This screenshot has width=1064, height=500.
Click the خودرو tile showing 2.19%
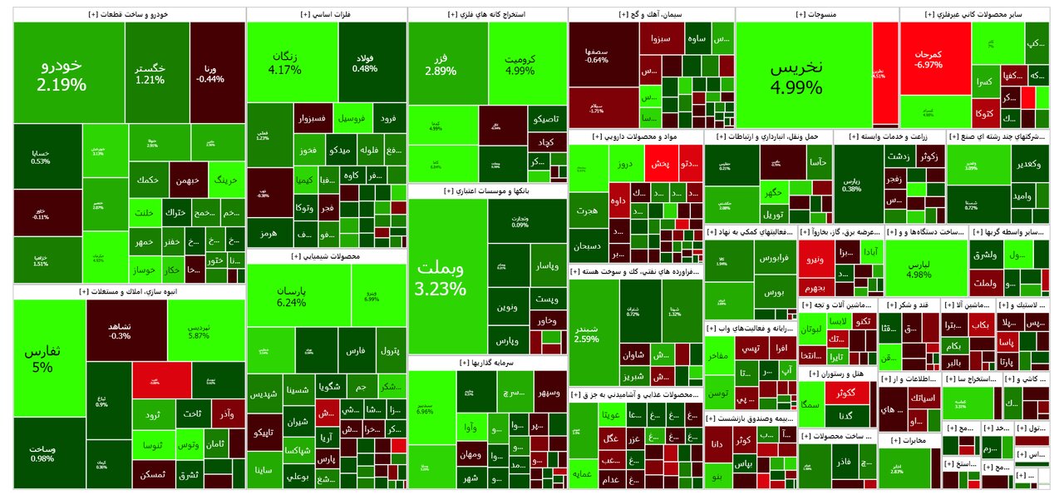point(62,74)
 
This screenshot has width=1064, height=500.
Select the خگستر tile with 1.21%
point(150,73)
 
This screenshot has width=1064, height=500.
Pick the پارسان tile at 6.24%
point(292,298)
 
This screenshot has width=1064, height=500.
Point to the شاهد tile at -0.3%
point(120,330)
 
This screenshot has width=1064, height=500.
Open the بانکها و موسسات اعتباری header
point(487,191)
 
